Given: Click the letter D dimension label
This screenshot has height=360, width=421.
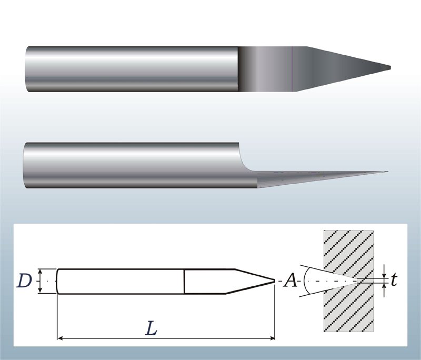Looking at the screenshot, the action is [x=24, y=281].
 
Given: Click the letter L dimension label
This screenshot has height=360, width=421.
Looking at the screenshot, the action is [x=151, y=328].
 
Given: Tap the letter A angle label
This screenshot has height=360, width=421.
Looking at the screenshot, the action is [x=290, y=281].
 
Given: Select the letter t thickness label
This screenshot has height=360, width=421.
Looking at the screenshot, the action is [x=393, y=281].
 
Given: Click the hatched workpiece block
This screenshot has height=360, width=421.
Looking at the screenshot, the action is [x=348, y=281].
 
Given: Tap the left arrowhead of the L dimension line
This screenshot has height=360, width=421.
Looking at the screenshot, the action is [x=60, y=338].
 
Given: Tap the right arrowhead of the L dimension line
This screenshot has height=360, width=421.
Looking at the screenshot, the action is [x=273, y=338].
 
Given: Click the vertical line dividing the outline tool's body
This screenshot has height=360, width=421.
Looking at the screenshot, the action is [x=185, y=282].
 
